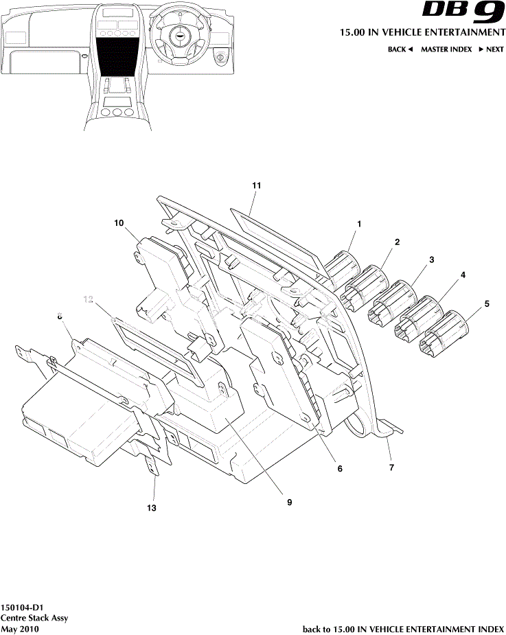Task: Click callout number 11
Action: coord(257,185)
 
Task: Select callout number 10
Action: coord(119,222)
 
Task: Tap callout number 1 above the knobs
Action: coord(358,224)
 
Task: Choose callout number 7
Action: coord(391,467)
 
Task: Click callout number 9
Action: coord(290,502)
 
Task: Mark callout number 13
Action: coord(152,508)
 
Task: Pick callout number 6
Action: coord(339,469)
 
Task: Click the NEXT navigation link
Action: coord(491,49)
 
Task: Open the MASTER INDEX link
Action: coord(446,49)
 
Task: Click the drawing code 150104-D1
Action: coord(23,608)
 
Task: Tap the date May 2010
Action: coord(20,629)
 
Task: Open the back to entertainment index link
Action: coord(403,629)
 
